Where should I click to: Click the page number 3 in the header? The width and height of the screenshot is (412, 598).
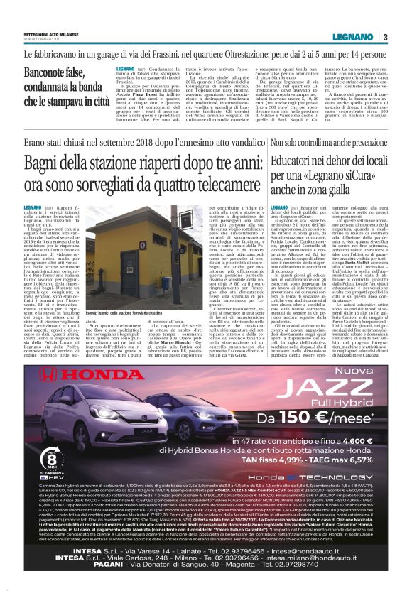click(x=384, y=37)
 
